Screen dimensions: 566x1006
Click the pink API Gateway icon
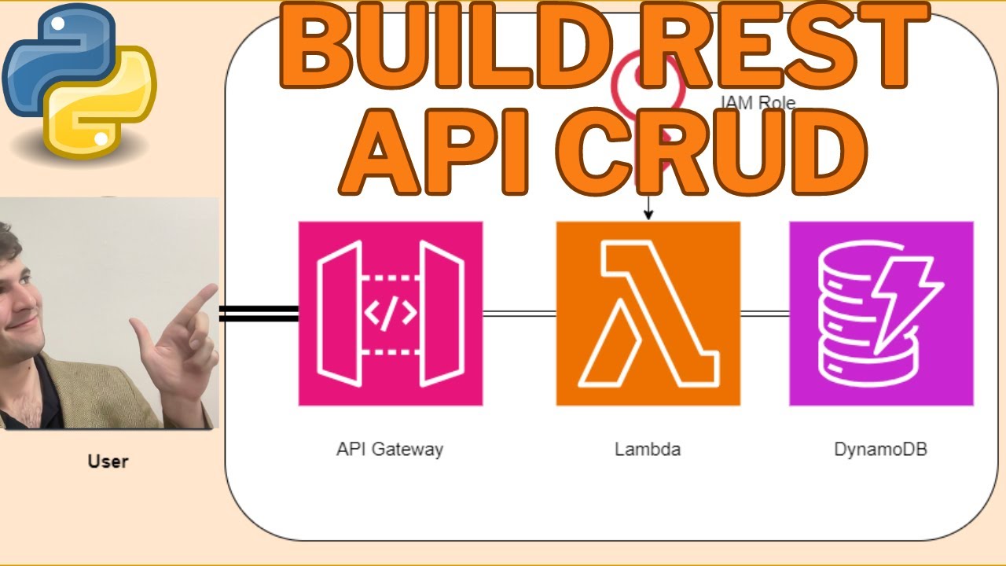coord(391,314)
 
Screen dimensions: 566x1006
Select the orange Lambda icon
coord(648,314)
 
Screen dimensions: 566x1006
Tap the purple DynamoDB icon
coord(881,314)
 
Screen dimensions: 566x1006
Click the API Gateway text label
coord(390,450)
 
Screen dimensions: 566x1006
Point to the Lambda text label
coord(648,450)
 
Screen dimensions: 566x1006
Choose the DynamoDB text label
coord(880,450)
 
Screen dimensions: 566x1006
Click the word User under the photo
coord(108,461)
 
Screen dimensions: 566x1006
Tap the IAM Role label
coord(758,103)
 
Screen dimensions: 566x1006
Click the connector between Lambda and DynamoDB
coord(765,314)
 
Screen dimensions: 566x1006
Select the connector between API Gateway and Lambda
coord(520,314)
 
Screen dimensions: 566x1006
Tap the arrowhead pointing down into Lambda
coord(648,215)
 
